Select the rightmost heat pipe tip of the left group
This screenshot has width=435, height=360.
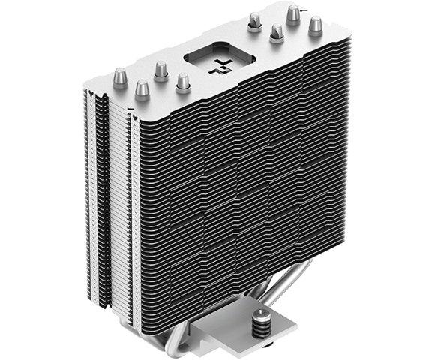[x=181, y=81]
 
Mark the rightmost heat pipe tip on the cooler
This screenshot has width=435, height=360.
[x=313, y=24]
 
